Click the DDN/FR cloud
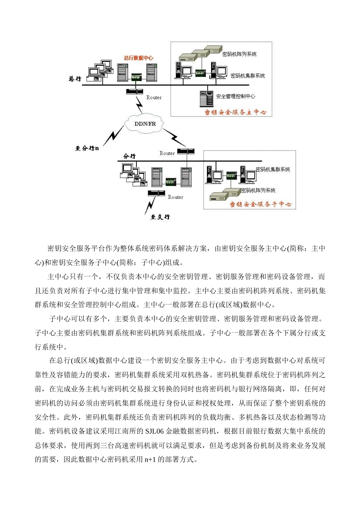click(145, 124)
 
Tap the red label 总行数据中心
click(138, 58)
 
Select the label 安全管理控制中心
click(235, 97)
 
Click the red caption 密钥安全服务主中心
click(235, 112)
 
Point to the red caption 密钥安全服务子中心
click(261, 204)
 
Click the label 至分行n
click(87, 148)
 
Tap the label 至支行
click(160, 217)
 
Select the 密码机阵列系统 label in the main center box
click(239, 54)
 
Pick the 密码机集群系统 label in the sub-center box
click(273, 169)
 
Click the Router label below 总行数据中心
click(154, 98)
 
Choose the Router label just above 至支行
click(175, 197)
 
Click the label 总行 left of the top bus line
click(75, 79)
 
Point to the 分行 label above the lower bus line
click(129, 156)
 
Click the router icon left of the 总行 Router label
click(134, 91)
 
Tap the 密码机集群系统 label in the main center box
click(248, 76)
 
